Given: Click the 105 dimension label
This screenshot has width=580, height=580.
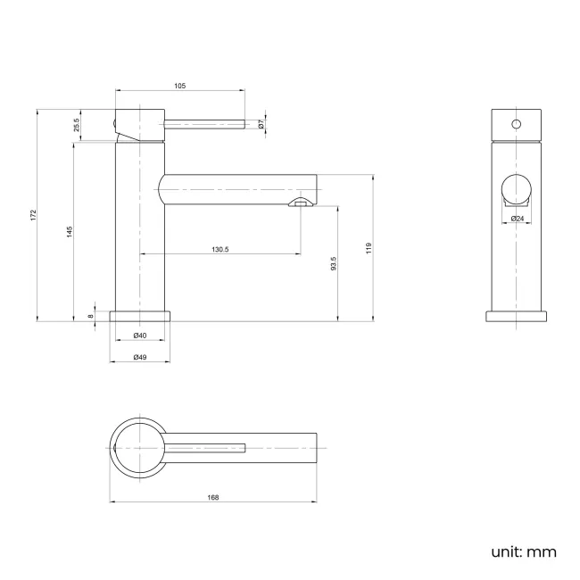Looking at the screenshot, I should tap(179, 86).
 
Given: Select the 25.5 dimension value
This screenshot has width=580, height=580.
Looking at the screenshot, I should tap(77, 126).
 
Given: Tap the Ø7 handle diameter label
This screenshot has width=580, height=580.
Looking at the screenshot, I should tap(261, 126).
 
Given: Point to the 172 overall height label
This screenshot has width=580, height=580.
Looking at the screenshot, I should tap(32, 215).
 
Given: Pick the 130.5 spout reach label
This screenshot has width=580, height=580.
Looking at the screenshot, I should tap(220, 250).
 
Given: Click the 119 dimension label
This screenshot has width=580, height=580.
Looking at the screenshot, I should tap(369, 248).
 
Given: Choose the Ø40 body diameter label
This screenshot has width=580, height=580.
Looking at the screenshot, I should tap(140, 336).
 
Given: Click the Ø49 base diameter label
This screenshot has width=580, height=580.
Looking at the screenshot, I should tap(140, 357).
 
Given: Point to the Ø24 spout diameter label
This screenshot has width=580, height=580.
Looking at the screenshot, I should tap(518, 219).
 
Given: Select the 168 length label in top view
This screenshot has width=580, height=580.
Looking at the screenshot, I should tap(212, 497).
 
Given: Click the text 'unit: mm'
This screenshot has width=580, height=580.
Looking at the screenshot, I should tap(523, 551).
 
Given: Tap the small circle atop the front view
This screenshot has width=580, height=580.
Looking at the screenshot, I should tap(517, 123).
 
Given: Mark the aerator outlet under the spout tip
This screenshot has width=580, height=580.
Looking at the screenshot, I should tap(301, 203).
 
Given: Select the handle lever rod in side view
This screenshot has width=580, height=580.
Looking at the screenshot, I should tap(203, 126).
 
